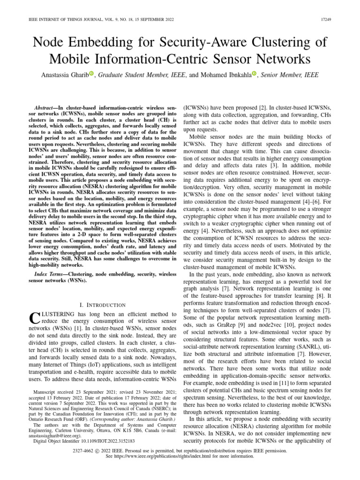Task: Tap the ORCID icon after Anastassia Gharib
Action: coord(91,74)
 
